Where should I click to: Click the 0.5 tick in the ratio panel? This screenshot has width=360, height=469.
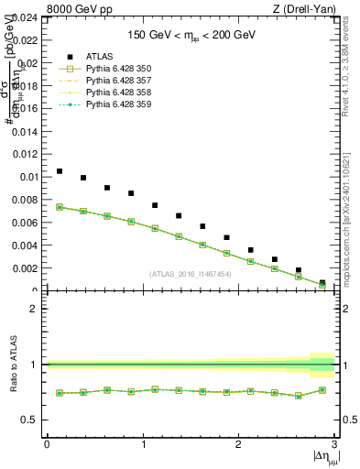[x=31, y=420]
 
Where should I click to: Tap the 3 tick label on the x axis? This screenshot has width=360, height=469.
[x=334, y=444]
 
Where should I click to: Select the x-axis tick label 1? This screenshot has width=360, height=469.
[x=143, y=444]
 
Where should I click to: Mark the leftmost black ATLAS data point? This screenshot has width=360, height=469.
[x=60, y=171]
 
